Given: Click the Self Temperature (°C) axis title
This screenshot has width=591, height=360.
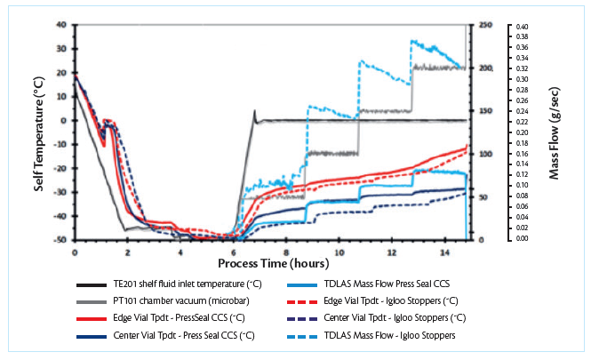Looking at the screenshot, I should pyautogui.click(x=41, y=132).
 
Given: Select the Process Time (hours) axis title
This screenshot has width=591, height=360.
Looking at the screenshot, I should pyautogui.click(x=270, y=264).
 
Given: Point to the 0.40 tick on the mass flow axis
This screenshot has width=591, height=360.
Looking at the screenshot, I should pyautogui.click(x=523, y=27).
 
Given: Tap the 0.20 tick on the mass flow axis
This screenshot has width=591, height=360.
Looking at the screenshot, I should pyautogui.click(x=523, y=132).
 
